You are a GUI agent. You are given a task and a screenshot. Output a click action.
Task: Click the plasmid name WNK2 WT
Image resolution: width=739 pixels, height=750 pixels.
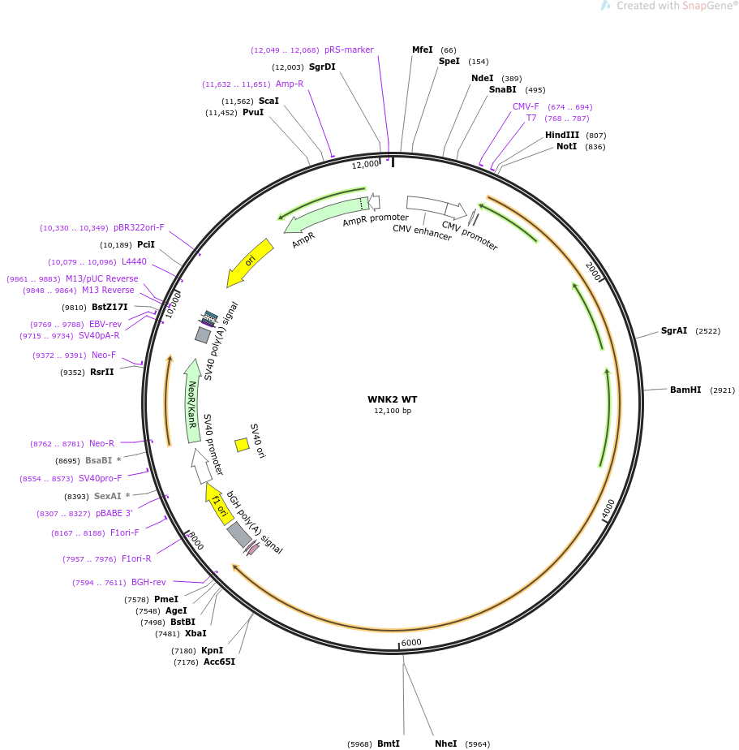click(392, 399)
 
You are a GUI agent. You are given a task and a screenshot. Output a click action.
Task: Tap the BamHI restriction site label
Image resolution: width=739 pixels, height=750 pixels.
click(685, 390)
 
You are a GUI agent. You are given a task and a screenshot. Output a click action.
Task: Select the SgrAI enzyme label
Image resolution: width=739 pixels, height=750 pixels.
click(674, 330)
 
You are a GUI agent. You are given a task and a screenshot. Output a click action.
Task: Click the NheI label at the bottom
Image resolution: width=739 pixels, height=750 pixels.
click(445, 744)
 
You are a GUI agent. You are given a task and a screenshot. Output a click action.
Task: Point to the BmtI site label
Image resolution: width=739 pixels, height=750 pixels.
click(388, 744)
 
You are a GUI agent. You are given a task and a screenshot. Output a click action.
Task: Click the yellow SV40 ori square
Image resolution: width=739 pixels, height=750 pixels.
click(243, 445)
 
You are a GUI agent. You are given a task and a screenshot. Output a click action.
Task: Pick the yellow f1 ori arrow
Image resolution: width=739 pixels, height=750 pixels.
click(219, 504)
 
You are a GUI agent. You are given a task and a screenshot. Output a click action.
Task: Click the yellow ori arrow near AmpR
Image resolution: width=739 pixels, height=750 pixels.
click(250, 263)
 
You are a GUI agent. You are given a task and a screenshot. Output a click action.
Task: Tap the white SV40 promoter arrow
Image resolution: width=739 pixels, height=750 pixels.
click(201, 466)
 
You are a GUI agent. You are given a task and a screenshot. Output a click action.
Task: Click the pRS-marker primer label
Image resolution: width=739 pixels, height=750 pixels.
click(349, 50)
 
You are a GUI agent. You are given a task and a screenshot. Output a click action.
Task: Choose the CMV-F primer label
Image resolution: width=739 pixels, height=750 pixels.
click(526, 106)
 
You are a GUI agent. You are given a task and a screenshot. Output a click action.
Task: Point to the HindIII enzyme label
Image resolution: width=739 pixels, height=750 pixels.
click(562, 135)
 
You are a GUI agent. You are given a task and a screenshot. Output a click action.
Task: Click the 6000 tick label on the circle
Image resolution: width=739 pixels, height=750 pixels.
click(411, 642)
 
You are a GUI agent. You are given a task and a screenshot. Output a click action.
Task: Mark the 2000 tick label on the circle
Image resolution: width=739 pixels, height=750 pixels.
click(593, 272)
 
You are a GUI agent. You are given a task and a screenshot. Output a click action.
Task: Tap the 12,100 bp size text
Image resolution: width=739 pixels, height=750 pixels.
click(393, 411)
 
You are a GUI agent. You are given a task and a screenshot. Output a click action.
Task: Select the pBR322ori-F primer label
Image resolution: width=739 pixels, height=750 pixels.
click(139, 227)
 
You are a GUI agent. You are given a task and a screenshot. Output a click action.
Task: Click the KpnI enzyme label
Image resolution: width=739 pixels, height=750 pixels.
click(213, 650)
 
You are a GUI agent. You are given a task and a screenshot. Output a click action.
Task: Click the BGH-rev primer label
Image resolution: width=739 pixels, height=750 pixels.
click(148, 582)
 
